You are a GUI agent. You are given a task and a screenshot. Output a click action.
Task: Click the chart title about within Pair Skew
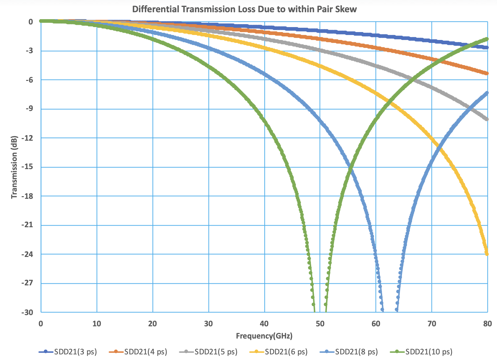tap(244, 9)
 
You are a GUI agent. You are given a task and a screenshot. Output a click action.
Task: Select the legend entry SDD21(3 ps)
tap(76, 352)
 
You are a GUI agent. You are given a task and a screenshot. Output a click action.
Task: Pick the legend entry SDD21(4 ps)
tap(146, 352)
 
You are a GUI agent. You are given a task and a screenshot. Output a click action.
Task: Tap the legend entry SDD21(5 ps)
tap(216, 352)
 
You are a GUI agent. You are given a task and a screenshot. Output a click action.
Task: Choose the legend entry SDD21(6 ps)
tap(286, 352)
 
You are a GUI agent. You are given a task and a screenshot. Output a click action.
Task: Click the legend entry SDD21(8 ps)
tap(356, 352)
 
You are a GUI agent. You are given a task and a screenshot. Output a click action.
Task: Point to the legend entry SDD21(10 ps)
tap(429, 352)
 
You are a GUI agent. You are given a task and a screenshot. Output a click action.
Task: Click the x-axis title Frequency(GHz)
tap(264, 336)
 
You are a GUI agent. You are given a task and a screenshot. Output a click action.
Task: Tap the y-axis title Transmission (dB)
tap(14, 167)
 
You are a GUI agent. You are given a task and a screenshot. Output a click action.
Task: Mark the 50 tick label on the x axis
tap(320, 323)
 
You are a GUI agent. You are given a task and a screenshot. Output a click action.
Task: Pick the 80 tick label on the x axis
tap(487, 323)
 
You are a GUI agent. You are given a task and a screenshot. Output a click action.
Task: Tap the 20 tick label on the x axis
tap(152, 323)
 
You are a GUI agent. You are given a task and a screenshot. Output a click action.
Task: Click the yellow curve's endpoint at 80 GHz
tap(487, 254)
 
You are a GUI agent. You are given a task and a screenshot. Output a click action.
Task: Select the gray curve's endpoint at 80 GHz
tap(487, 119)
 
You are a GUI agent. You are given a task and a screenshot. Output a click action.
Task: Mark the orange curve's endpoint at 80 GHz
tap(487, 73)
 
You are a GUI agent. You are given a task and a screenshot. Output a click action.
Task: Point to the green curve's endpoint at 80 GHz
tap(487, 39)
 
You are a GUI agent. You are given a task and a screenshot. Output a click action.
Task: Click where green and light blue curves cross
tap(350, 168)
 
